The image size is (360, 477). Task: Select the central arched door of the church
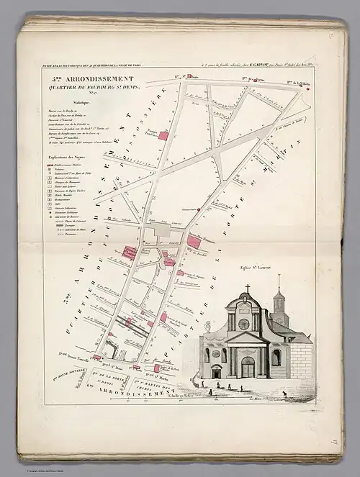[x=247, y=368]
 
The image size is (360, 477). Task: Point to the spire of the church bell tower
[x=279, y=282]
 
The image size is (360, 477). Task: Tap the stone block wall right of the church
[x=302, y=360]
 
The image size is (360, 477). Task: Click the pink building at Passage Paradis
[x=163, y=135]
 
